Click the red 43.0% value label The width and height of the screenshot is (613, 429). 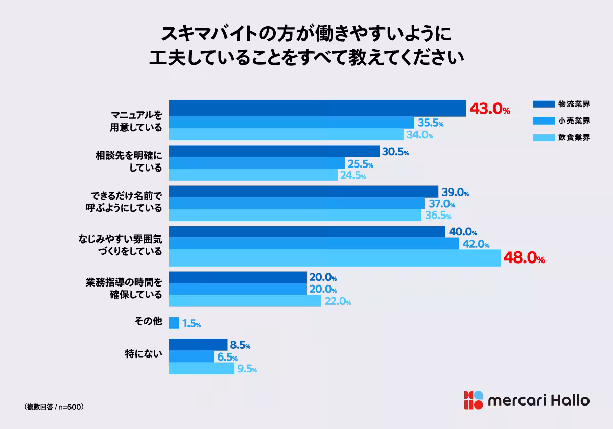click(489, 109)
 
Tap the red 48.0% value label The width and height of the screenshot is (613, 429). click(524, 258)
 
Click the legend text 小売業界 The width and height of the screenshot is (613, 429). click(574, 121)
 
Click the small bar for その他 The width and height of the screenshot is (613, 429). click(174, 323)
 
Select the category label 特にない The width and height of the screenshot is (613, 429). click(144, 352)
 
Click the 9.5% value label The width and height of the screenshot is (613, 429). click(247, 369)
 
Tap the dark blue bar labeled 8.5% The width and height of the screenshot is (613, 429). click(198, 345)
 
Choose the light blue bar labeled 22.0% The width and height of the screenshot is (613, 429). click(245, 301)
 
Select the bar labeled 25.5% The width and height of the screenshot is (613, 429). click(256, 163)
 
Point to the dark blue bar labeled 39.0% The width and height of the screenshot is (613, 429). click(303, 192)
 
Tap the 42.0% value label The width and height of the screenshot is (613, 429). click(476, 244)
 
